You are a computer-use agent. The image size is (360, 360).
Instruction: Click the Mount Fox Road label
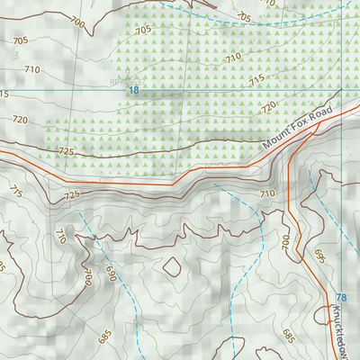(297, 129)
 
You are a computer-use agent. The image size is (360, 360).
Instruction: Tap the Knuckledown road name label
(341, 332)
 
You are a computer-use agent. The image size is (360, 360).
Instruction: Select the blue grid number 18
(133, 90)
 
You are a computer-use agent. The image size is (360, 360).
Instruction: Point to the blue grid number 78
(341, 298)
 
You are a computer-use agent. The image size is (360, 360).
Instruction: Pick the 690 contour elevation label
(111, 273)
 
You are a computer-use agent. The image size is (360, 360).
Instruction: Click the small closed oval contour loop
(170, 266)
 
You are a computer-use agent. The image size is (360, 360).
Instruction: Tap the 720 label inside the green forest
(267, 106)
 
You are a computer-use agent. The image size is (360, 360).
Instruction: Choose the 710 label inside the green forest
(233, 58)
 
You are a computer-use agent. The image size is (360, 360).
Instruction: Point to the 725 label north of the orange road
(65, 152)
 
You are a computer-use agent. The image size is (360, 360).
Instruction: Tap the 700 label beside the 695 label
(287, 244)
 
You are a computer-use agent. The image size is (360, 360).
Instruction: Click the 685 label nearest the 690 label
(104, 337)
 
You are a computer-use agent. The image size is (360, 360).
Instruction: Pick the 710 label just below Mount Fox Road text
(265, 193)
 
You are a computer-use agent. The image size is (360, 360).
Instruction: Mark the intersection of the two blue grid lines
(342, 90)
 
